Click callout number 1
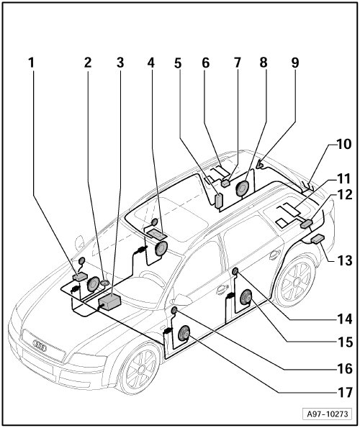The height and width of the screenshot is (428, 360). (x=32, y=63)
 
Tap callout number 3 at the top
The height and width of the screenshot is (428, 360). (x=120, y=63)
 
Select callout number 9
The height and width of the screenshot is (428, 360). (x=295, y=63)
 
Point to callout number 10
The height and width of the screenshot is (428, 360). (x=343, y=144)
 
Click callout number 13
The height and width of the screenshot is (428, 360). (x=345, y=260)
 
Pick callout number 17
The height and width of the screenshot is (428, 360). (x=346, y=393)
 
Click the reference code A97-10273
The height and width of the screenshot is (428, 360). (x=328, y=414)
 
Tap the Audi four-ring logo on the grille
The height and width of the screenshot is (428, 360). (x=40, y=345)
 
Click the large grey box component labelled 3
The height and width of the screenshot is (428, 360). (x=109, y=302)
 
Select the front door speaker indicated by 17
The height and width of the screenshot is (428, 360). (x=184, y=333)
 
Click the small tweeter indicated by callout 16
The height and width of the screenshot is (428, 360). (x=174, y=310)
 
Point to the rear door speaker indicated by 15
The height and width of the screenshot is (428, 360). (x=246, y=297)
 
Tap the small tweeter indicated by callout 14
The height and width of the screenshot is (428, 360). (x=235, y=271)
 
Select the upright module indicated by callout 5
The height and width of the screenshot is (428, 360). (x=219, y=201)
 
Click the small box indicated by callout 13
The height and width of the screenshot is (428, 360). (x=318, y=239)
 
